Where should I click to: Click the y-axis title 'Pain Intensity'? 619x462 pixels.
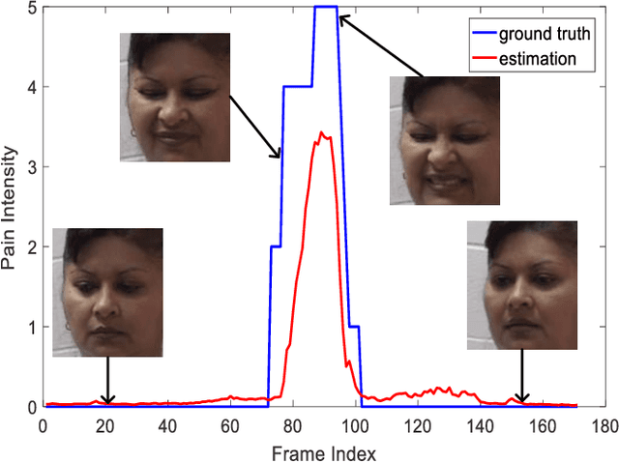click(11, 207)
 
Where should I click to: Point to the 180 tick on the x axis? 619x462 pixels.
click(603, 424)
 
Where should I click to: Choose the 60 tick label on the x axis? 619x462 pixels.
click(229, 424)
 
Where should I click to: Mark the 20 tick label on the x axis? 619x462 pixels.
click(104, 424)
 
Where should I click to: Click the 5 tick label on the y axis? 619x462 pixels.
click(32, 8)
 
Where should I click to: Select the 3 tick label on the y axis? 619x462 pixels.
click(32, 167)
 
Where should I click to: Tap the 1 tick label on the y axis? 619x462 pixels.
click(32, 327)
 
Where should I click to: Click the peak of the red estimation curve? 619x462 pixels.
click(322, 133)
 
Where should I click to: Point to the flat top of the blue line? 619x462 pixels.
click(325, 8)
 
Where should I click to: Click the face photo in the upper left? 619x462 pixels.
click(175, 97)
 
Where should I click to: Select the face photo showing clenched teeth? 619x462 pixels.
click(444, 141)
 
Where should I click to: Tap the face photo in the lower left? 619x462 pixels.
click(107, 292)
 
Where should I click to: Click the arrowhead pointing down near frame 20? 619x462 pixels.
click(107, 400)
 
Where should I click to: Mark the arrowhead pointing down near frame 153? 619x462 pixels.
click(522, 398)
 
